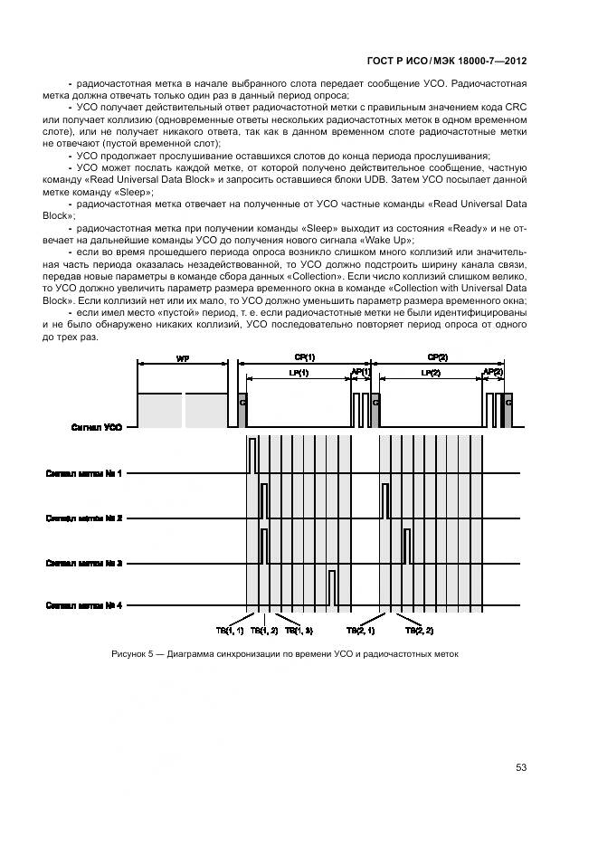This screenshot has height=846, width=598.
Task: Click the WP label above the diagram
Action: (x=182, y=359)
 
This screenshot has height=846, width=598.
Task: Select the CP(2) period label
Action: (x=438, y=358)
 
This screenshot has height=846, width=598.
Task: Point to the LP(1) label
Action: (x=298, y=373)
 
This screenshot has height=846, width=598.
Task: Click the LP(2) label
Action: (x=431, y=373)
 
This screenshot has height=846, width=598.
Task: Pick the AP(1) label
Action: (x=360, y=372)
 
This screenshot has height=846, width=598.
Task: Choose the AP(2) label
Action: (x=493, y=372)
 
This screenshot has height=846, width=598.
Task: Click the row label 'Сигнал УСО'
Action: (x=97, y=427)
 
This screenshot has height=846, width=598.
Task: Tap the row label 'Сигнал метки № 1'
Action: (x=84, y=472)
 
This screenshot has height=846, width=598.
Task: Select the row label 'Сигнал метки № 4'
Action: (x=84, y=606)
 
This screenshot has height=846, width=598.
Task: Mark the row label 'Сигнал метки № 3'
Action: (x=84, y=563)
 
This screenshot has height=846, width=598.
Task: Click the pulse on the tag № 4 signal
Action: (x=333, y=588)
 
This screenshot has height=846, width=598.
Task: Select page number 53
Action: (x=521, y=767)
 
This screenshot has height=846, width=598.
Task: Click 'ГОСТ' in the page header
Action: (x=384, y=61)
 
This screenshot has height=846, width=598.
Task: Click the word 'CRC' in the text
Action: (x=516, y=109)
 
